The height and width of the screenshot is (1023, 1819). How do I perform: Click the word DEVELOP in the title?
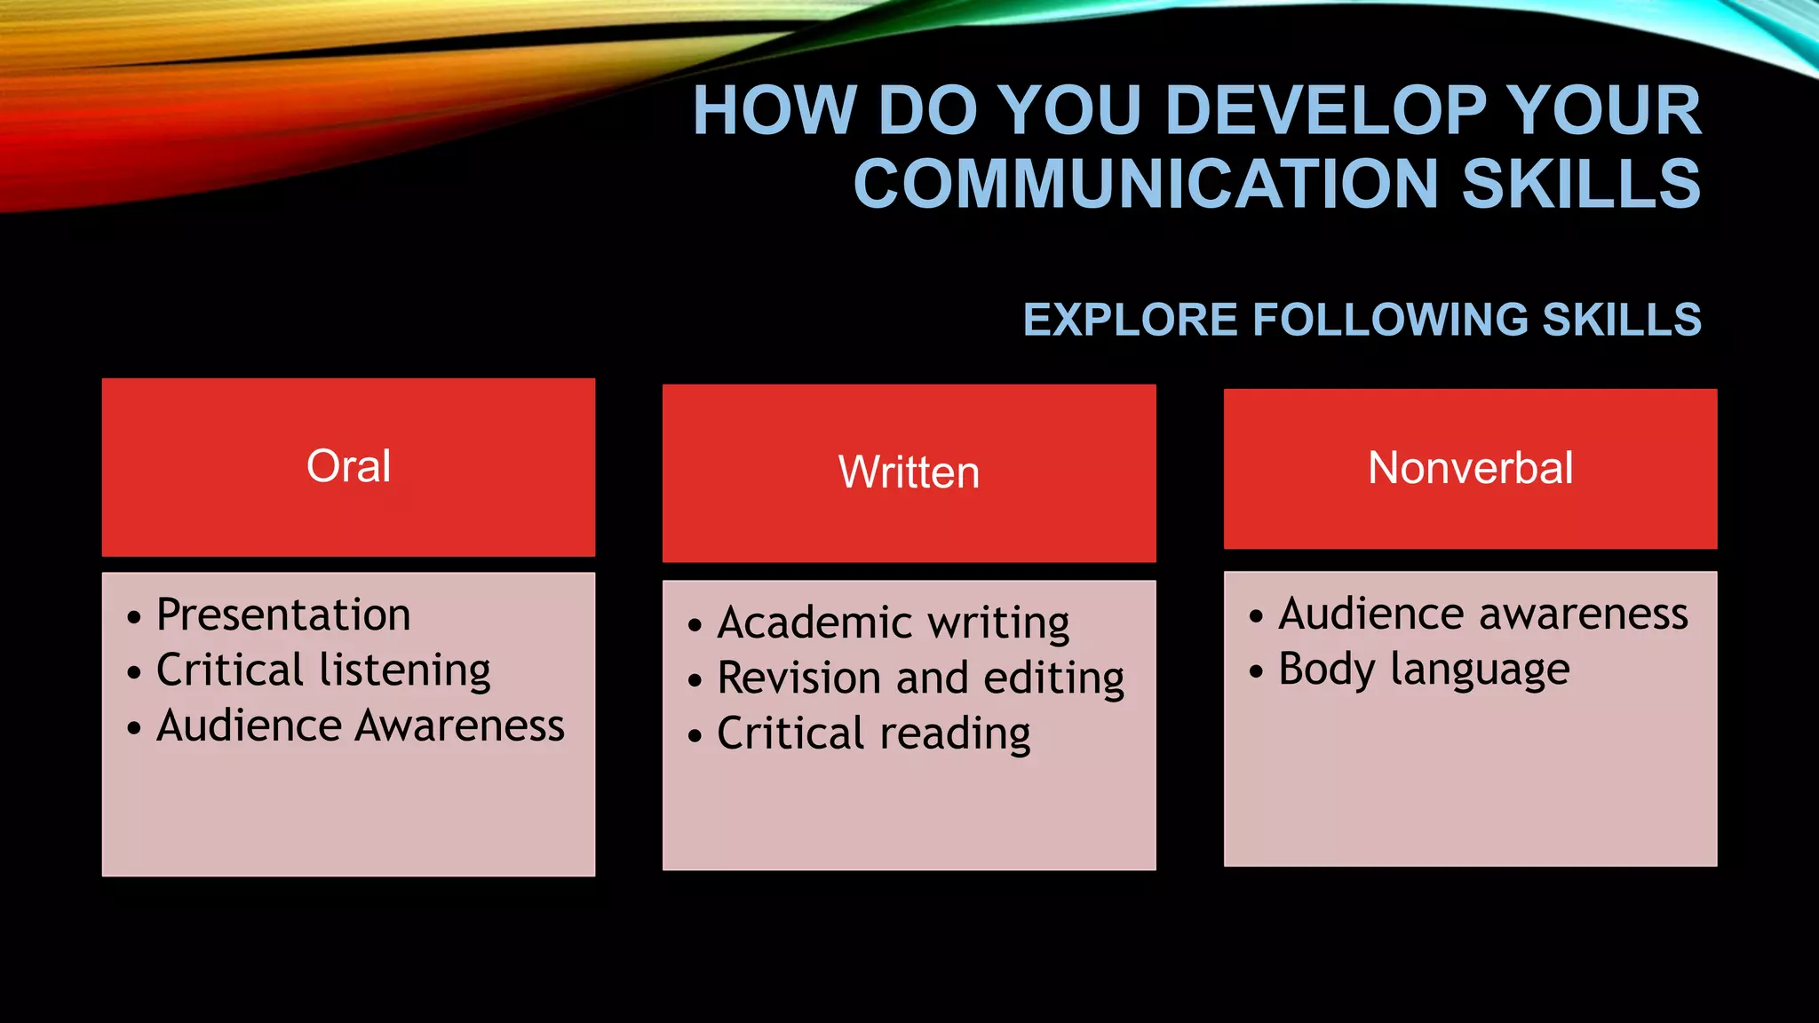[x=1326, y=111]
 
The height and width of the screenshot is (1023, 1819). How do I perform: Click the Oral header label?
[x=348, y=466]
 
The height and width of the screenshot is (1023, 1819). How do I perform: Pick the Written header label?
[x=909, y=472]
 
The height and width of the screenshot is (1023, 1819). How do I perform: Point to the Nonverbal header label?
[x=1470, y=468]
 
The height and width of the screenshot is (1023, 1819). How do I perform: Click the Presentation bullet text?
[x=283, y=615]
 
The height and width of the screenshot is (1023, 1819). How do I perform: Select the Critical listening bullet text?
[x=323, y=670]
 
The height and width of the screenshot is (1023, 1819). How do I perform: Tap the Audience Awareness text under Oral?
[x=361, y=726]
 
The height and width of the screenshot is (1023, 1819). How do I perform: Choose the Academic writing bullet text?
[x=894, y=623]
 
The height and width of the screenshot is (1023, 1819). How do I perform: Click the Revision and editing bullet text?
[x=921, y=678]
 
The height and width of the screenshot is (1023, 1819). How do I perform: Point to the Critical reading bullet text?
[x=874, y=734]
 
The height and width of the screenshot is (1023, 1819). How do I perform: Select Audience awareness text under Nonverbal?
[x=1483, y=615]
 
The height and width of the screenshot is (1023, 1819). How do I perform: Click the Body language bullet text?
[x=1424, y=670]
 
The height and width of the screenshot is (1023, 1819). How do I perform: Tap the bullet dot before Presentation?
[x=134, y=617]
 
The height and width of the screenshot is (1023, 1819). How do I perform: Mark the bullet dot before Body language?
[x=1256, y=671]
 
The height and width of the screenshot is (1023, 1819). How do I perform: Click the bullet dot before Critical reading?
[x=695, y=735]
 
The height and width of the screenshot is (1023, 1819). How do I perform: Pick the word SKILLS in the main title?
[x=1581, y=184]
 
